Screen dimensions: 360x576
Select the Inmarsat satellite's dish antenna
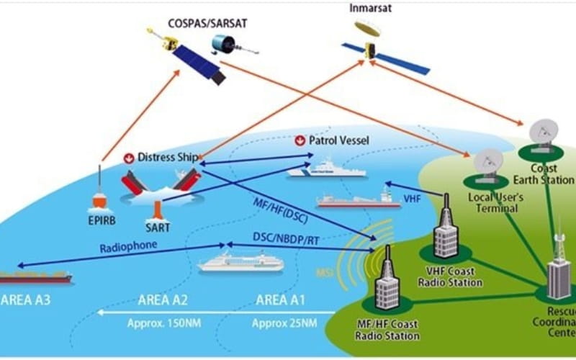click(x=367, y=30)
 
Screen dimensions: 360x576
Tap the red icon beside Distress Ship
click(x=130, y=157)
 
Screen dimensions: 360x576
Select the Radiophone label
click(x=128, y=246)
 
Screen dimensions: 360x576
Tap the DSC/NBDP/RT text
click(x=286, y=236)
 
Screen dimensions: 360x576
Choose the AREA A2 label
click(x=163, y=300)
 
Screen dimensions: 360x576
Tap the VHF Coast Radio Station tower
click(x=445, y=227)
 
